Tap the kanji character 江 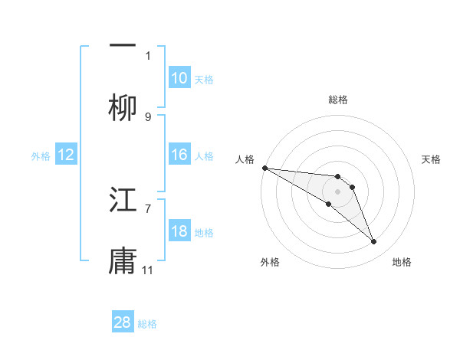coord(123,201)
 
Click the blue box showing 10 coord(179,78)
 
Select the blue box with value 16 coord(179,155)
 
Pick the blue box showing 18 coord(179,231)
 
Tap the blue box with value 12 coord(66,155)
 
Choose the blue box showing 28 coord(123,322)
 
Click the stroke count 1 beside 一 coord(148,55)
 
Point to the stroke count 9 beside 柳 coord(148,116)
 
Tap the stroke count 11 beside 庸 coord(148,270)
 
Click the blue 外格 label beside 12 coord(41,155)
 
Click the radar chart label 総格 coord(337,100)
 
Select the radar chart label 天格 coord(432,159)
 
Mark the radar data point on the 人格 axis coord(264,168)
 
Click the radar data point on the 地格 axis coord(373,242)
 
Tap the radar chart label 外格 coord(270,262)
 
